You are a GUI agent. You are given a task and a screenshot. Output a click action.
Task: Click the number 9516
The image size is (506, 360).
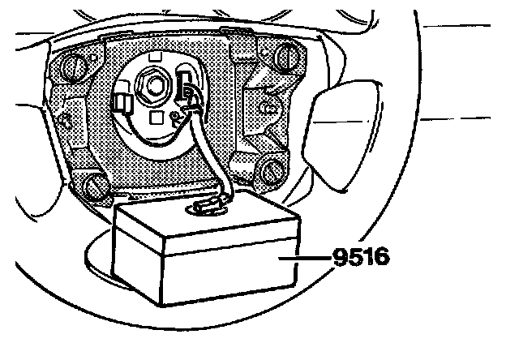(361, 258)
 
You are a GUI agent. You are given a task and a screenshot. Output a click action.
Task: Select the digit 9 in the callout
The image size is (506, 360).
(340, 258)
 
